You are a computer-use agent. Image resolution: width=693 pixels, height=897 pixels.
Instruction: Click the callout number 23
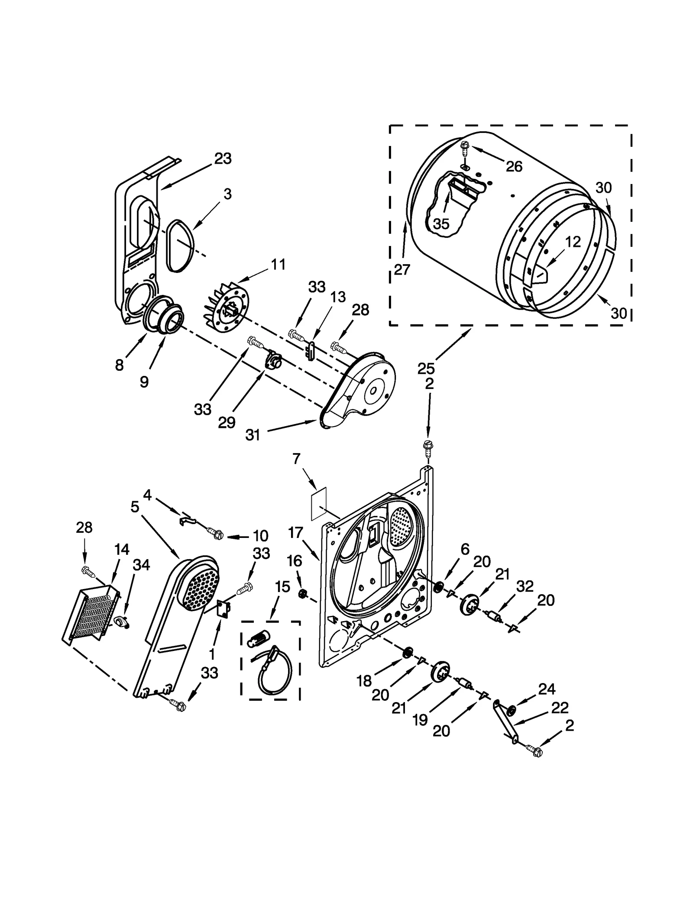pos(223,159)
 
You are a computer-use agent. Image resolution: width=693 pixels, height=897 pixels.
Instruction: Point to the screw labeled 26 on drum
pos(464,147)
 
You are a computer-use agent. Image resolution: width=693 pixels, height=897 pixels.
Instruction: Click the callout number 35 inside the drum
pos(441,223)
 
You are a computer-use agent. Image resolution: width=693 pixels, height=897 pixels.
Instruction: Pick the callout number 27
pos(402,269)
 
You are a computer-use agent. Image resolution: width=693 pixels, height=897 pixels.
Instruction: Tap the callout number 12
pos(573,242)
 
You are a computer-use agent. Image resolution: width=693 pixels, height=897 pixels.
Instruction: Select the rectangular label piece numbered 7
pos(319,503)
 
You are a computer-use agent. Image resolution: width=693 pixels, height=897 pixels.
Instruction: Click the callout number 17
pos(295,532)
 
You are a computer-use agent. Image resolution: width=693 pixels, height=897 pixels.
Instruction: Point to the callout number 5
pos(135,506)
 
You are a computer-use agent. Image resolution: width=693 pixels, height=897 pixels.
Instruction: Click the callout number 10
pos(260,536)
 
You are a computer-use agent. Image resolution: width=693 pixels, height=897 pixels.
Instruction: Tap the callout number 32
pos(525,586)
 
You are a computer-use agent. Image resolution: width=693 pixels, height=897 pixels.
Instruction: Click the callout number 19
pos(420,720)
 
